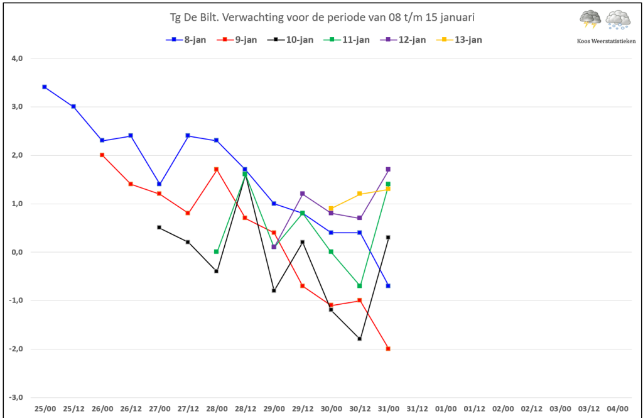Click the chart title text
(322, 17)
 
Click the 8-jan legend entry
(186, 40)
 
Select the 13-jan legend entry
(459, 40)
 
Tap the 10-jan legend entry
(290, 40)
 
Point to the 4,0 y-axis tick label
(17, 58)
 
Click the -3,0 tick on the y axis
(16, 397)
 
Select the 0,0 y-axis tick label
(17, 252)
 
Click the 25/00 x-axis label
(45, 409)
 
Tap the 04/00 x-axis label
(617, 409)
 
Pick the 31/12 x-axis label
(417, 409)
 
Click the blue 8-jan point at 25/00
(45, 87)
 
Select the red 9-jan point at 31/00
(388, 349)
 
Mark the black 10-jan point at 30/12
(360, 339)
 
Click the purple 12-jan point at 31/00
(388, 169)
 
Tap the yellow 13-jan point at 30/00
(332, 208)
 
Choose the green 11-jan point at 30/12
(360, 286)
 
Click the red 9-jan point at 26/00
(102, 155)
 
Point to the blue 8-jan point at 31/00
(388, 286)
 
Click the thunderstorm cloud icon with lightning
(590, 19)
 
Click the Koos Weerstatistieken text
(606, 41)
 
